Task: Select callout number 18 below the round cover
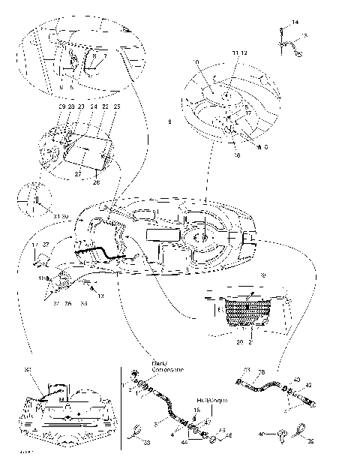(x=237, y=155)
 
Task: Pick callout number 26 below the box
(x=96, y=181)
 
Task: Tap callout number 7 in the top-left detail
(x=103, y=56)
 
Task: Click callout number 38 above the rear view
(x=28, y=370)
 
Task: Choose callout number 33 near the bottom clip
(x=145, y=444)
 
